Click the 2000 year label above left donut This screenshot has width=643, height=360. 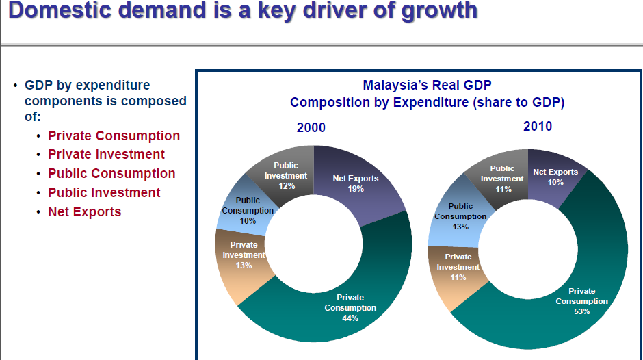click(x=311, y=128)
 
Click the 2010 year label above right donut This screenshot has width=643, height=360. click(x=537, y=127)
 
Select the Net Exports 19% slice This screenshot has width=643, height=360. click(x=355, y=183)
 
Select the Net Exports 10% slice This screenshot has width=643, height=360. click(x=555, y=177)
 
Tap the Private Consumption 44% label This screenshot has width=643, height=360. click(x=350, y=308)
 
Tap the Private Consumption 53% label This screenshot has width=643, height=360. click(x=581, y=301)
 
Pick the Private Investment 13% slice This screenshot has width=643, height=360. click(x=244, y=255)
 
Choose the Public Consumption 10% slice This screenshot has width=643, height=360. click(x=247, y=210)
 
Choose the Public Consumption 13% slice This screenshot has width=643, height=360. click(x=460, y=216)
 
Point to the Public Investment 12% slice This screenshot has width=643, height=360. click(x=285, y=175)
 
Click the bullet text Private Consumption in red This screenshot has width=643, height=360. click(x=114, y=136)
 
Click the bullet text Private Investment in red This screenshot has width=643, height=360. click(x=106, y=155)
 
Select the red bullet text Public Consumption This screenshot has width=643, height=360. click(x=111, y=174)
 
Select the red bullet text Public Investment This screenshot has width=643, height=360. click(x=104, y=193)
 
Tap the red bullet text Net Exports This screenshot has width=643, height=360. click(x=84, y=212)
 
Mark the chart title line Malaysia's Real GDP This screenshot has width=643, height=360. click(x=427, y=86)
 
